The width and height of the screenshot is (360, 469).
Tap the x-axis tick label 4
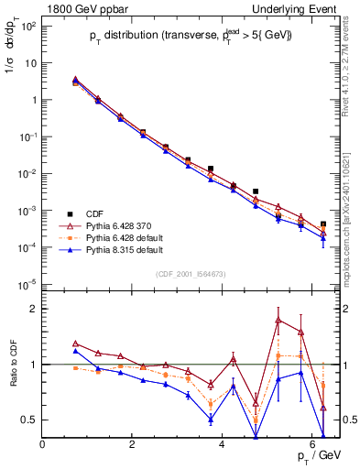point(223,445)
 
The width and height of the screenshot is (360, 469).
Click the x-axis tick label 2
point(133,445)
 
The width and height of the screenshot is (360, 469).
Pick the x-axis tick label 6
point(312,445)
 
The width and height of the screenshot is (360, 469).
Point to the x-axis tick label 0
point(43,445)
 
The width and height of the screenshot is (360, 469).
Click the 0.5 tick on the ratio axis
point(29,420)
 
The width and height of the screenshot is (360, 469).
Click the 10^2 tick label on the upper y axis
point(27,26)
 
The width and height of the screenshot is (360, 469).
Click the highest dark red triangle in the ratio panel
point(278,320)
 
